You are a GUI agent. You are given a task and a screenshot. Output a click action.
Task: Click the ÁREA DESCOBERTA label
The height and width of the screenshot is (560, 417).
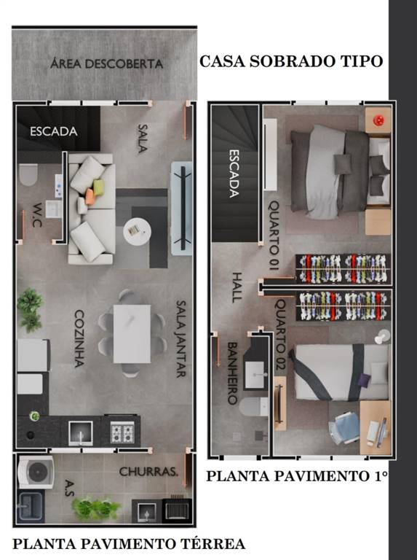106,63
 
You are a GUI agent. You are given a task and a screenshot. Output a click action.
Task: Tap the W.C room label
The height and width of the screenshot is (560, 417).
37,215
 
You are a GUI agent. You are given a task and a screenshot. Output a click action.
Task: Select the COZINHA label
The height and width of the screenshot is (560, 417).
79,338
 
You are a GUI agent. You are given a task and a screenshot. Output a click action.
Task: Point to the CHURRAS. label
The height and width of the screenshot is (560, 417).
148,472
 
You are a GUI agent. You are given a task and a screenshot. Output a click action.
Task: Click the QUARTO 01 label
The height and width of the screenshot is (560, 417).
274,235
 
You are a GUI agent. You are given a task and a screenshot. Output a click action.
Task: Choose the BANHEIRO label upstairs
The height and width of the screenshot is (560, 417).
232,373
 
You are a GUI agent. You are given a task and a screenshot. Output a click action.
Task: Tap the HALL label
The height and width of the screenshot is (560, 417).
237,287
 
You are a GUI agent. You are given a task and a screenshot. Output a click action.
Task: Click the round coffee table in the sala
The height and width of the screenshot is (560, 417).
137,232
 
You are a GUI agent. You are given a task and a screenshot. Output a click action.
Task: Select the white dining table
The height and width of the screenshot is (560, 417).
132,334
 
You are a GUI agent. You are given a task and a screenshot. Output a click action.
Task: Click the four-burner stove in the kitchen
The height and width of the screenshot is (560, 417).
122,432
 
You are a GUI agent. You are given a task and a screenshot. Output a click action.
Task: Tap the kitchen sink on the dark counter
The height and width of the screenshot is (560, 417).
81,433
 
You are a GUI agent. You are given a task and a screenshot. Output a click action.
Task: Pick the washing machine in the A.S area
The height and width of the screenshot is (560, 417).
36,472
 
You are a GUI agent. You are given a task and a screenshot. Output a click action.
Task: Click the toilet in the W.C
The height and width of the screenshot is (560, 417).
28,175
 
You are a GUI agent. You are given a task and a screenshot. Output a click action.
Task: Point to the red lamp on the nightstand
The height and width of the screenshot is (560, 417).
378,120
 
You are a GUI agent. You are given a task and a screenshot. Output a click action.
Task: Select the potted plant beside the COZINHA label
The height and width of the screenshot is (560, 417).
30,310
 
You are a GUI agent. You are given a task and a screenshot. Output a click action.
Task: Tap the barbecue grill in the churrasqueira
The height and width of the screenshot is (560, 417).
175,508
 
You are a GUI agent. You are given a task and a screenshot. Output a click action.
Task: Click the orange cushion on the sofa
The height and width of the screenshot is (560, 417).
90,197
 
